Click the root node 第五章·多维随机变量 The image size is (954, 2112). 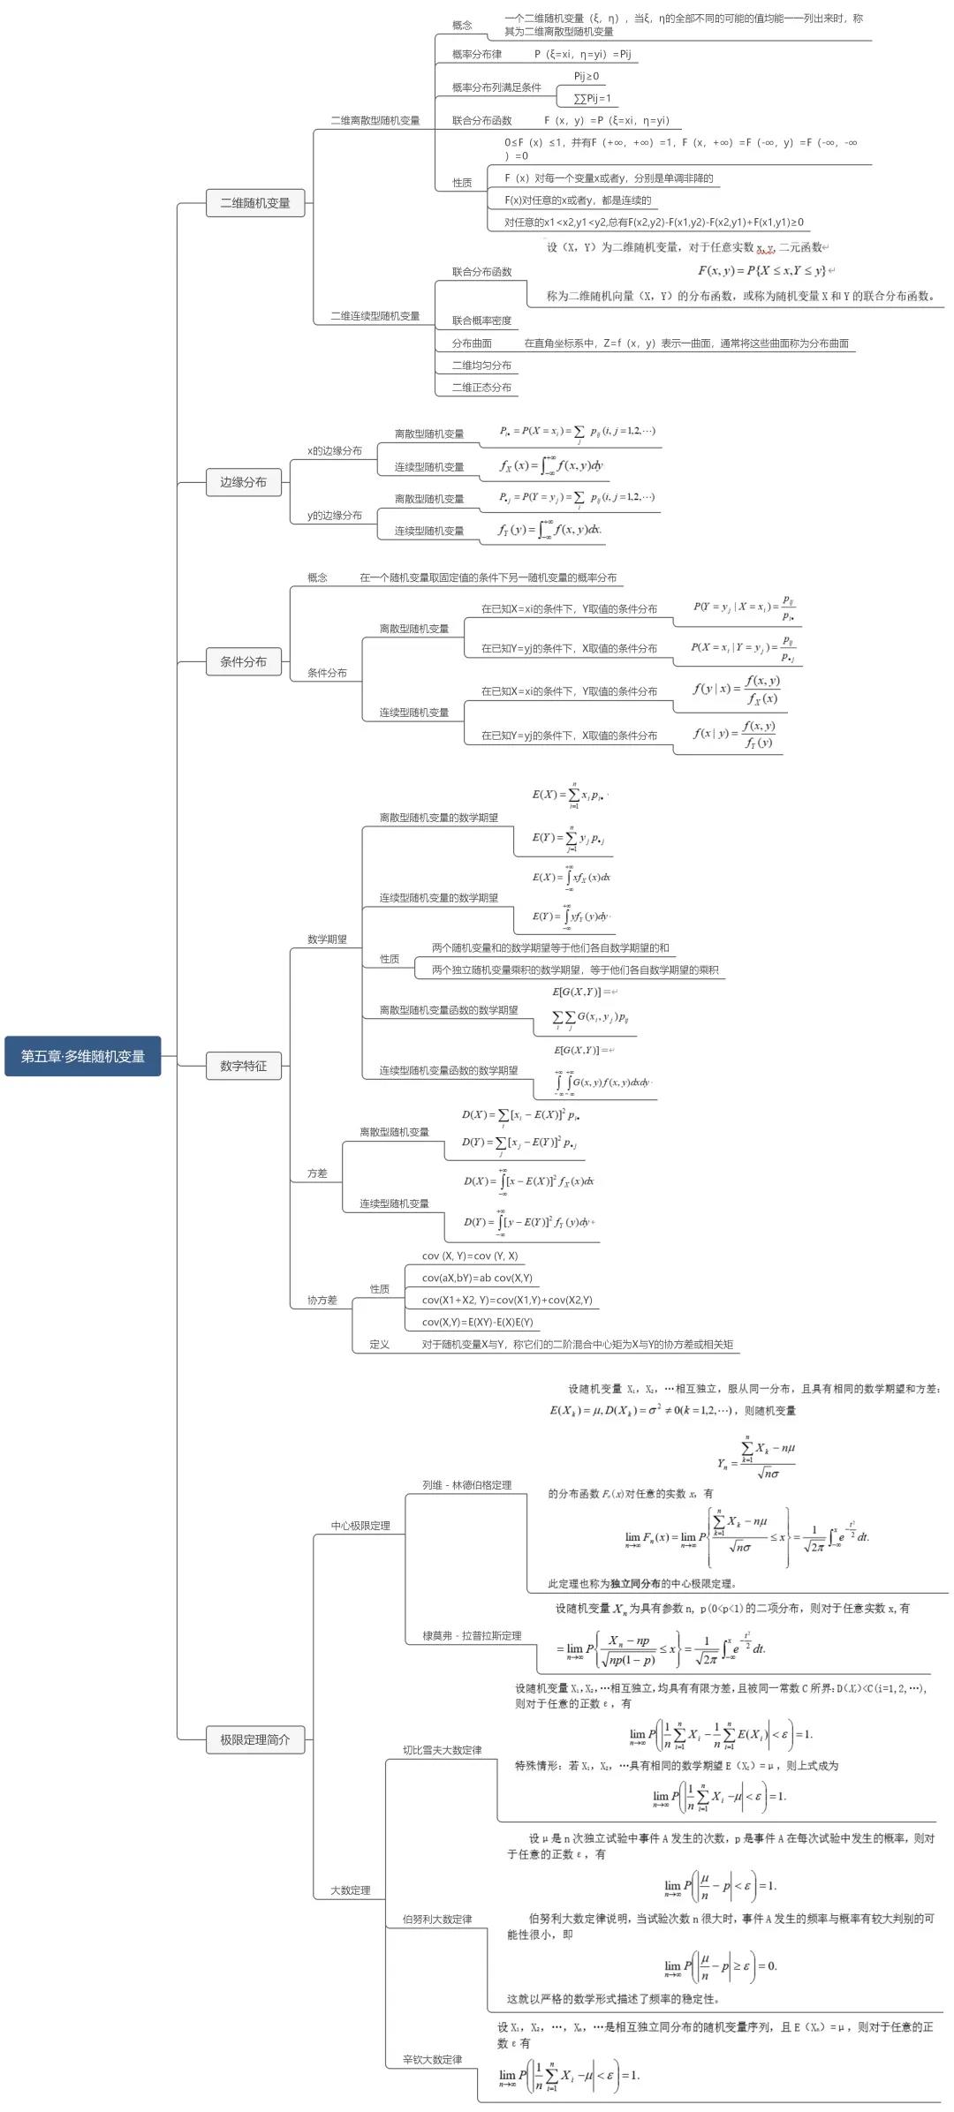coord(83,1056)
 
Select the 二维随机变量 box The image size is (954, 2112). coord(254,203)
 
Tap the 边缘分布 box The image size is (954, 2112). coord(243,482)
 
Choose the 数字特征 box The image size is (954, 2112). coord(243,1066)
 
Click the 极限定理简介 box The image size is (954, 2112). coord(254,1739)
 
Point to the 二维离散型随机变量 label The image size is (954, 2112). coord(375,120)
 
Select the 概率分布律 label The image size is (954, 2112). coord(477,55)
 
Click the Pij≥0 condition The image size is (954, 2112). coord(587,77)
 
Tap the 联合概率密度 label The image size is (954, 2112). coord(481,321)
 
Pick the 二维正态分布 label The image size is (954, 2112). coord(481,387)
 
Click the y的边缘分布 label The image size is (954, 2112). coord(335,516)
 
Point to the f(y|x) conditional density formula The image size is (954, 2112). coord(737,690)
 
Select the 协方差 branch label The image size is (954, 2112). coord(322,1300)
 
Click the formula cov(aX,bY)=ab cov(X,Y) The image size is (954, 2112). coord(477,1278)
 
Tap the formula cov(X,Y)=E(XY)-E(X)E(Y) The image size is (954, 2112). coord(477,1322)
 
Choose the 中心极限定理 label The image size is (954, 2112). coord(360,1525)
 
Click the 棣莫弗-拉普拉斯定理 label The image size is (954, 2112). coord(472,1635)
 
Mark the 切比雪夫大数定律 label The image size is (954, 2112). coord(442,1750)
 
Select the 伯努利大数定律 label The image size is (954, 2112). coord(437,1919)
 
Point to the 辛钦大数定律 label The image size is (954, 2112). coord(432,2059)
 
